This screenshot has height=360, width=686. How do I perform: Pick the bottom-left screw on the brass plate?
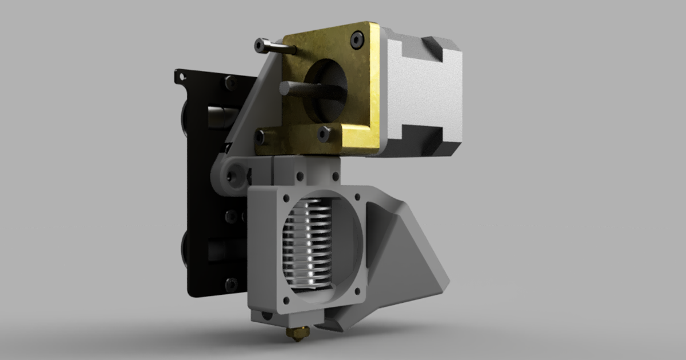pos(261,137)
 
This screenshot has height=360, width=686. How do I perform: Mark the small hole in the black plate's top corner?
pos(182,75)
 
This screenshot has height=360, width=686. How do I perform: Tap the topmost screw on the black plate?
pos(230,83)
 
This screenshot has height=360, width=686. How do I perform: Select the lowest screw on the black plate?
pos(232,283)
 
